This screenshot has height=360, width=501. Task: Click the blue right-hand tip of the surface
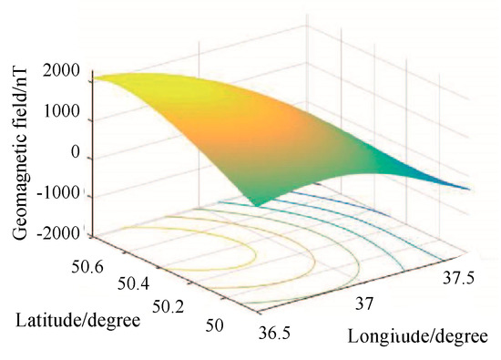(x=468, y=189)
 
